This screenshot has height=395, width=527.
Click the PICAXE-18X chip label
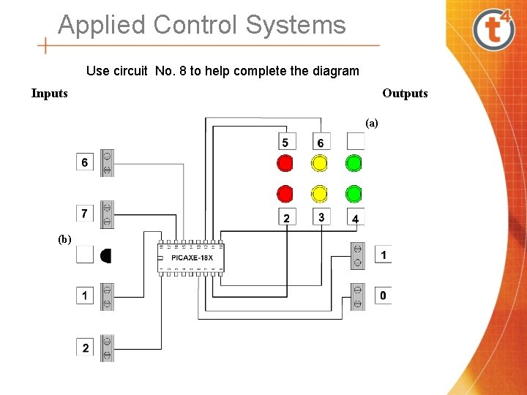point(192,257)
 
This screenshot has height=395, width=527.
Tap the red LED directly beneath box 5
point(285,162)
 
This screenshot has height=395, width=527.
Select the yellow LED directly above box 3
point(320,193)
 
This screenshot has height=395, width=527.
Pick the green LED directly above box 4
point(354,193)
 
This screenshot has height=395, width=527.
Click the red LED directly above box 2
point(285,193)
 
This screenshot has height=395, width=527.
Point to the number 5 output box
point(285,142)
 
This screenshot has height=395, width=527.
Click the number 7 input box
point(85,213)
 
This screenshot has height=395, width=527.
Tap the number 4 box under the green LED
point(355,218)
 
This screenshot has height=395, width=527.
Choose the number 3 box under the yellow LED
point(321,217)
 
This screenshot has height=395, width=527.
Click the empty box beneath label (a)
point(355,140)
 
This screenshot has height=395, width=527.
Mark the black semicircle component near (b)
point(105,255)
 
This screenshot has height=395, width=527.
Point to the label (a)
point(372,123)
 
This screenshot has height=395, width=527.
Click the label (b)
point(65,238)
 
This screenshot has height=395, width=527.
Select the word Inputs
point(49,93)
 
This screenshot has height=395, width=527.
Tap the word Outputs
point(405,93)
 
